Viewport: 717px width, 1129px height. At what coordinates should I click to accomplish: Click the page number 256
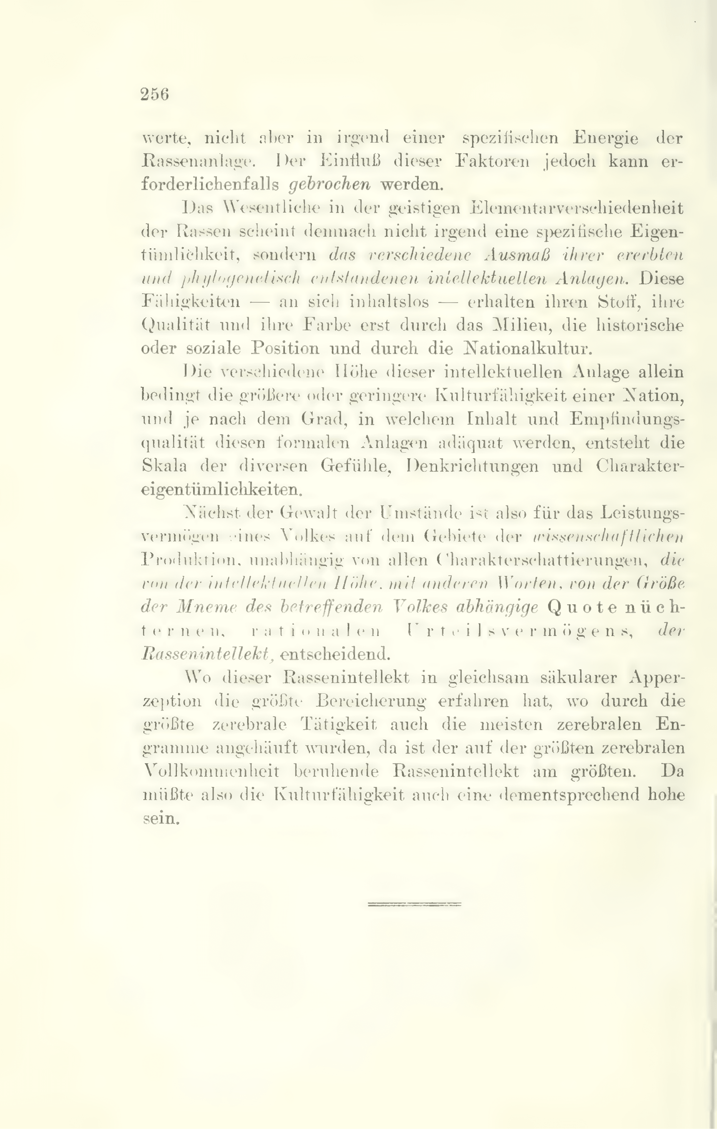[154, 94]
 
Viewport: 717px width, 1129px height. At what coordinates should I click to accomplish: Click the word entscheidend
[334, 654]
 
